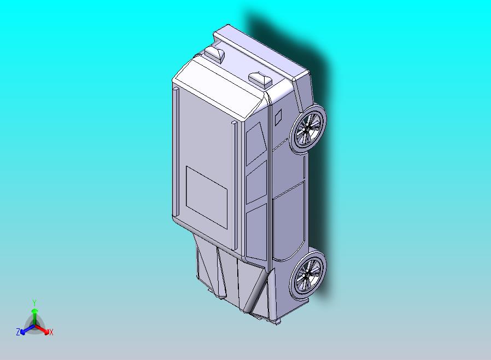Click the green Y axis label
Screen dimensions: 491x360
[34, 303]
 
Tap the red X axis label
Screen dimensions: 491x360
[51, 332]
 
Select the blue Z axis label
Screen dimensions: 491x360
[18, 332]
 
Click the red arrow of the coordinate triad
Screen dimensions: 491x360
[43, 329]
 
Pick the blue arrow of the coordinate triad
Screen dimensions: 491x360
[27, 329]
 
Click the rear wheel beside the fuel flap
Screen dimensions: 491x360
[308, 129]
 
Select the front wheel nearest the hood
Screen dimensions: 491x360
[308, 273]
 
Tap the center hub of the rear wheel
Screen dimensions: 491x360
[308, 128]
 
